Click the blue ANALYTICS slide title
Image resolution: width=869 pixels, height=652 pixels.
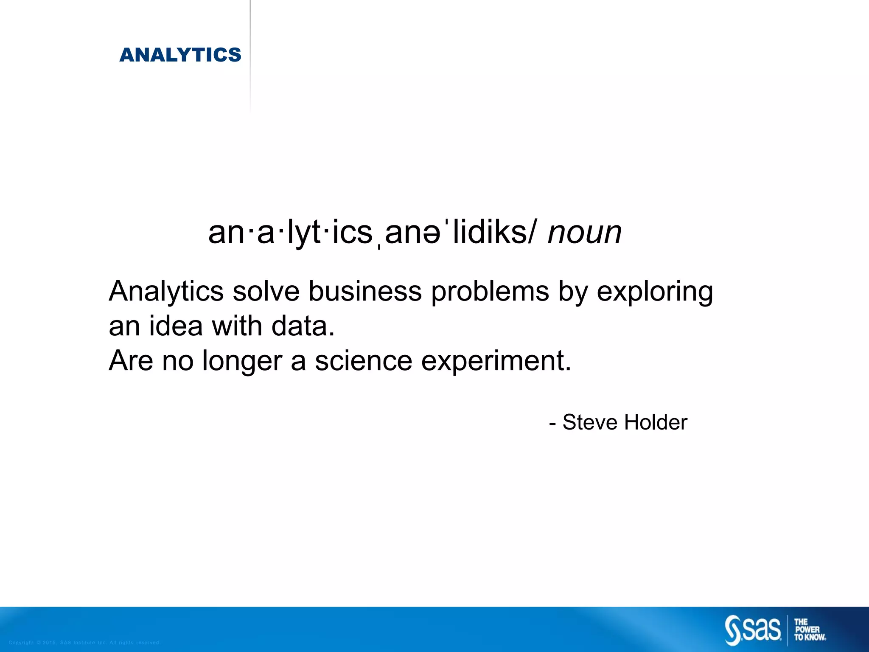(180, 55)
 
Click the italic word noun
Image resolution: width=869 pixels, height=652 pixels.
(584, 233)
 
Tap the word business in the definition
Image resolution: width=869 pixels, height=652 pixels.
(365, 292)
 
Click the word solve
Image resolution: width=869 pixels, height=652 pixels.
(266, 292)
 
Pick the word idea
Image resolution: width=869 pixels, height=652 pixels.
(176, 326)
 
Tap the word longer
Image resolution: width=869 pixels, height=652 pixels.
(241, 362)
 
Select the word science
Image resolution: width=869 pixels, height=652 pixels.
(363, 361)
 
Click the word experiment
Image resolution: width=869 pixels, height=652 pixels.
(496, 362)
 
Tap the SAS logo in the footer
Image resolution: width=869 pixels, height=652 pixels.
(753, 630)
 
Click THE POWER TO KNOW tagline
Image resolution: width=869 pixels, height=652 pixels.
(810, 630)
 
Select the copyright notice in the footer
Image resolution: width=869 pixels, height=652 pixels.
(84, 643)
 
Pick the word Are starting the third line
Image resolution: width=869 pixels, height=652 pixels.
(131, 361)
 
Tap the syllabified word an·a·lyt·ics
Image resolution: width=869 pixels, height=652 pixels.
(290, 233)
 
